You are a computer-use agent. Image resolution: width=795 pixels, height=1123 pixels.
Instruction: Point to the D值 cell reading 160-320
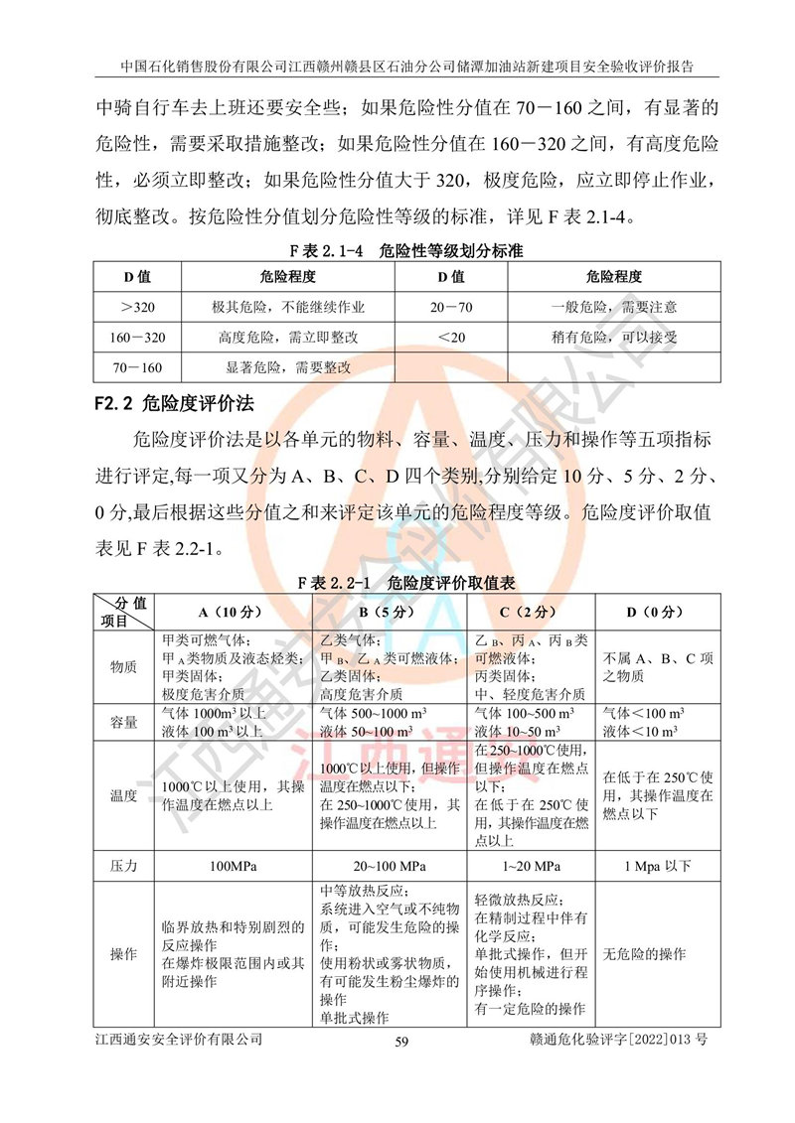point(137,338)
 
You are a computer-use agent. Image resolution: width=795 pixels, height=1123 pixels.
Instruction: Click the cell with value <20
point(450,338)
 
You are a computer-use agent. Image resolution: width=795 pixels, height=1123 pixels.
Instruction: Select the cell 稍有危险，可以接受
point(614,338)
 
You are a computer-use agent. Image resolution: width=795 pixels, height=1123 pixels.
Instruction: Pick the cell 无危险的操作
point(645,954)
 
